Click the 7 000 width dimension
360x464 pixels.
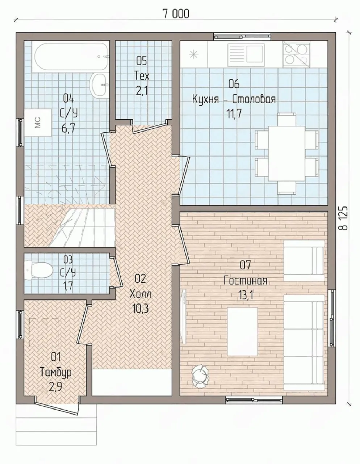(x=176, y=14)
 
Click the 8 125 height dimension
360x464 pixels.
(x=343, y=218)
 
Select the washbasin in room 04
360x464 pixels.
(x=98, y=85)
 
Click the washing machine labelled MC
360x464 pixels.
(x=38, y=123)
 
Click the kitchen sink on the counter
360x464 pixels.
(x=246, y=55)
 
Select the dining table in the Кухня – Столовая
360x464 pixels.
(x=286, y=153)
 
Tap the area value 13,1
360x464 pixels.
(x=246, y=295)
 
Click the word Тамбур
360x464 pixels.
(x=55, y=373)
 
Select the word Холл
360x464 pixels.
(x=140, y=294)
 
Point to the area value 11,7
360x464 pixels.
(x=234, y=113)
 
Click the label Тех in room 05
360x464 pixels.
(x=142, y=75)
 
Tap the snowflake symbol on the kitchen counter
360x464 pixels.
(x=193, y=54)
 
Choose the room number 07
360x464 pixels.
(x=246, y=265)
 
